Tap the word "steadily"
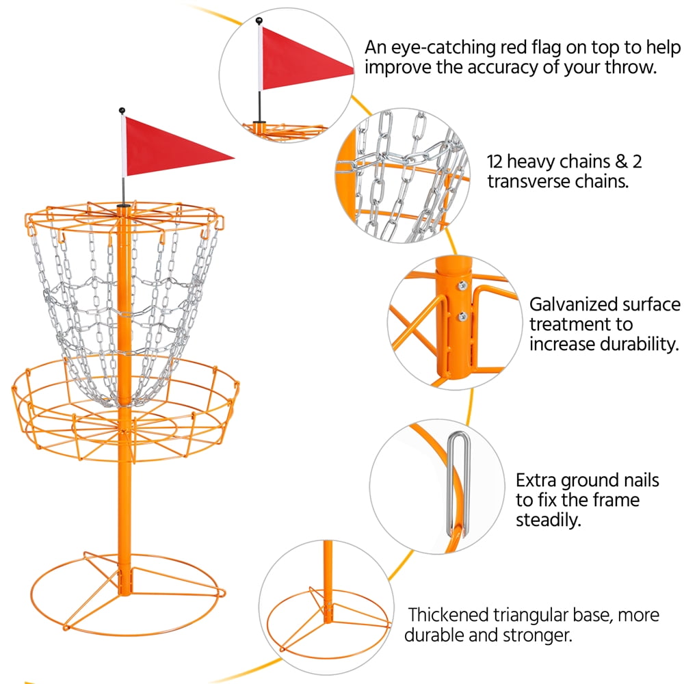(x=548, y=520)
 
